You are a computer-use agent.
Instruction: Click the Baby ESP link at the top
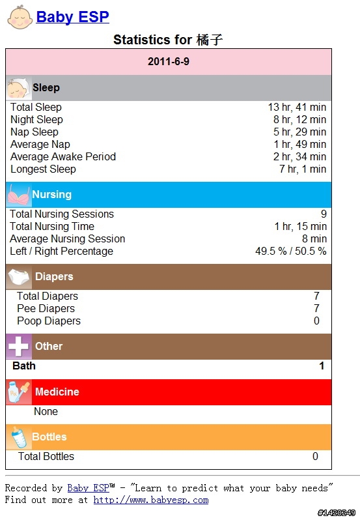coord(73,17)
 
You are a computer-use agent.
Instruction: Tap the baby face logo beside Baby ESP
coord(20,17)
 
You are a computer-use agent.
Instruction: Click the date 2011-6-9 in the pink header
coord(169,61)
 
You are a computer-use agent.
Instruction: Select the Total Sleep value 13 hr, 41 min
coord(297,107)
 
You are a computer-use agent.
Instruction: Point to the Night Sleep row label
coord(36,120)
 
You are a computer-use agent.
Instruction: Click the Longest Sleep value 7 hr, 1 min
coord(303,169)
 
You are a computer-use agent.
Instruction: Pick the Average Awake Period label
coord(63,156)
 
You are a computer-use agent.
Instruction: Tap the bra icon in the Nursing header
coord(19,195)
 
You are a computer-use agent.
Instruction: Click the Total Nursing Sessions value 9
coord(324,214)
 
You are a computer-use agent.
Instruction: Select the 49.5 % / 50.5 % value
coord(291,251)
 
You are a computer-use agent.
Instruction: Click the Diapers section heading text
coord(54,276)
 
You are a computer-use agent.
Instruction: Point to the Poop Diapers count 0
coord(316,321)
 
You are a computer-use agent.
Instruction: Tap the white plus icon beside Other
coord(19,347)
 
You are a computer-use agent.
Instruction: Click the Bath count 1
coord(322,366)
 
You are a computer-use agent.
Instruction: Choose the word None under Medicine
coord(46,411)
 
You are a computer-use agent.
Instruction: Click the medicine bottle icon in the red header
coord(19,392)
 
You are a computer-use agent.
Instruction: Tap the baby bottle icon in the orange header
coord(19,437)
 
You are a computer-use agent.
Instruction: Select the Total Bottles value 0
coord(315,456)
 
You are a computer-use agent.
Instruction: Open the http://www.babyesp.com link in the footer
coord(151,500)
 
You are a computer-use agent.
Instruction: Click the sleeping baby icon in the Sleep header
coord(19,88)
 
